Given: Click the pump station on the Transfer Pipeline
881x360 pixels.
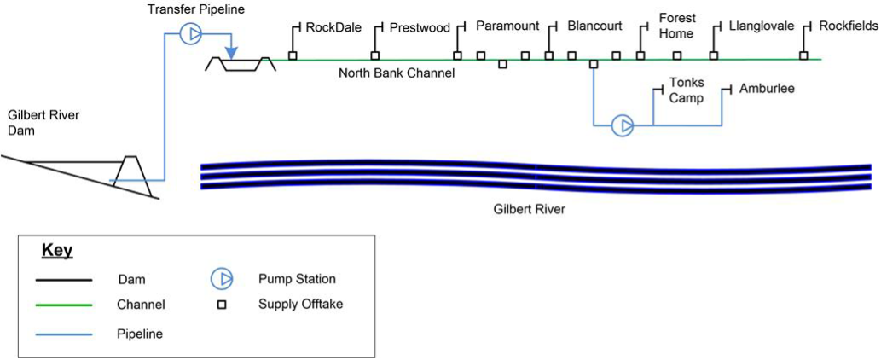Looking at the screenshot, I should (x=190, y=34).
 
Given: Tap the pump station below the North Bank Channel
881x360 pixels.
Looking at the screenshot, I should (x=623, y=126).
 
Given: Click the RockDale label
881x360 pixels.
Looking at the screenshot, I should (x=333, y=27).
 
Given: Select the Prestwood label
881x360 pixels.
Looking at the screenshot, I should (x=420, y=28).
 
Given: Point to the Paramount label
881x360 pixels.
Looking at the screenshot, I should (x=507, y=26).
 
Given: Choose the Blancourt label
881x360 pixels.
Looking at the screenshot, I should (x=594, y=26).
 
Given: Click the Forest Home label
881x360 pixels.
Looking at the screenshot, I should (x=677, y=26).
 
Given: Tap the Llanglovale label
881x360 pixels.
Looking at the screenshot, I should (x=762, y=26).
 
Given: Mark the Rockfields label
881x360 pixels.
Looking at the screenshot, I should (x=848, y=26).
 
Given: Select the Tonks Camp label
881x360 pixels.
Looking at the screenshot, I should (x=687, y=90).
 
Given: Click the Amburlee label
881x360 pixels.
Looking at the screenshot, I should (x=767, y=89).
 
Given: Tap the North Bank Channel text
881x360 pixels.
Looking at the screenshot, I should (x=397, y=73).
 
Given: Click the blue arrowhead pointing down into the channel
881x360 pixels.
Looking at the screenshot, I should (x=231, y=54).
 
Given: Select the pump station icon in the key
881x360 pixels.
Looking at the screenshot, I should (x=222, y=279).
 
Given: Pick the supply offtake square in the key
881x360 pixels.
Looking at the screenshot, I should (x=222, y=305).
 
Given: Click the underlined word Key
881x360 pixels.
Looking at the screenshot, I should (x=57, y=252).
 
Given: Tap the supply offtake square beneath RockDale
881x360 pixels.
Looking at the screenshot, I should (x=293, y=56).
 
